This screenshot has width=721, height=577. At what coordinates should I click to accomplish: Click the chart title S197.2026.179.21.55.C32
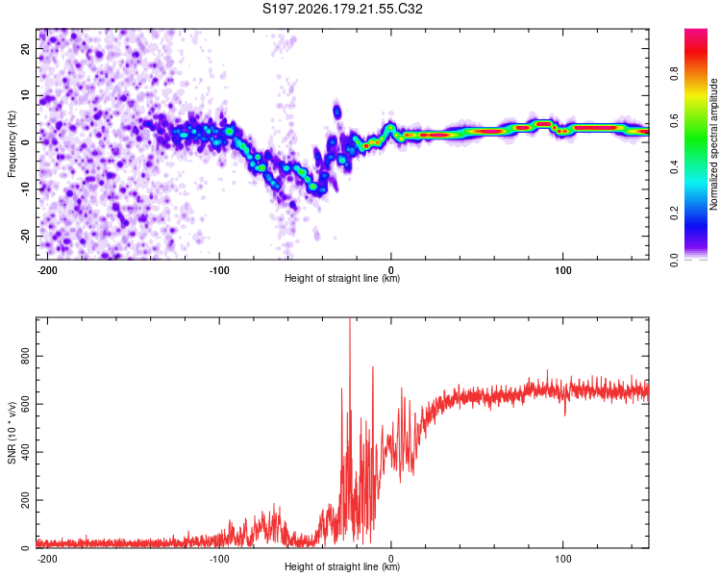click(x=342, y=9)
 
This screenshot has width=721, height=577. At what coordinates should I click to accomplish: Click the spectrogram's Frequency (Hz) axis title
click(x=12, y=144)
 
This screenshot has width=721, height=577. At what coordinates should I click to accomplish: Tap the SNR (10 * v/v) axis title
click(x=12, y=433)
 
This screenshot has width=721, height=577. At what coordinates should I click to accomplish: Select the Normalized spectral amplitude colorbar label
click(x=713, y=144)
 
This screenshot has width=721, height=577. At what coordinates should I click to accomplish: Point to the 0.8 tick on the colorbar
click(x=674, y=74)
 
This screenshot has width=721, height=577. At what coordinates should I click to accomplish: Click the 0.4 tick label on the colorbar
click(x=674, y=167)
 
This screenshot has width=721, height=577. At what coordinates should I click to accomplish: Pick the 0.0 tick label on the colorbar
click(x=674, y=261)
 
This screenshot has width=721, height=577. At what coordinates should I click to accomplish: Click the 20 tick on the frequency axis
click(x=25, y=49)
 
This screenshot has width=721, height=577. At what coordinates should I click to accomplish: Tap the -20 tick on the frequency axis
click(x=25, y=236)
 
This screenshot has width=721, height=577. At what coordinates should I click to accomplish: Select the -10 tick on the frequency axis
click(x=25, y=189)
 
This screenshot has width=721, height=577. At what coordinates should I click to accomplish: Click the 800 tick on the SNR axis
click(x=25, y=356)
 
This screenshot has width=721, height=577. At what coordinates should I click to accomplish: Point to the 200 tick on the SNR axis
click(x=25, y=500)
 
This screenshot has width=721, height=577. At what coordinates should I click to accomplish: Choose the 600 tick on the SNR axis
click(x=25, y=404)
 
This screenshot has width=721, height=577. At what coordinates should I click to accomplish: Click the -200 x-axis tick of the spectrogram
click(x=46, y=270)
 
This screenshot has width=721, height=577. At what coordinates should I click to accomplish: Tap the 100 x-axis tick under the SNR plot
click(x=562, y=559)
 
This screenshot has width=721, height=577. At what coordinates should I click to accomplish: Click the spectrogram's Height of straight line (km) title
click(x=342, y=278)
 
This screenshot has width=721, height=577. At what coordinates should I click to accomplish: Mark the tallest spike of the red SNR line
click(x=350, y=319)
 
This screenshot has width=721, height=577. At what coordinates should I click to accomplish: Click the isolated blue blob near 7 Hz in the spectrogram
click(x=337, y=112)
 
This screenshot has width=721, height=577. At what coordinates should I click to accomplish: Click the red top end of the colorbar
click(x=696, y=32)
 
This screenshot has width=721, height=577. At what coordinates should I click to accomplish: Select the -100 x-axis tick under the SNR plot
click(x=218, y=559)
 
